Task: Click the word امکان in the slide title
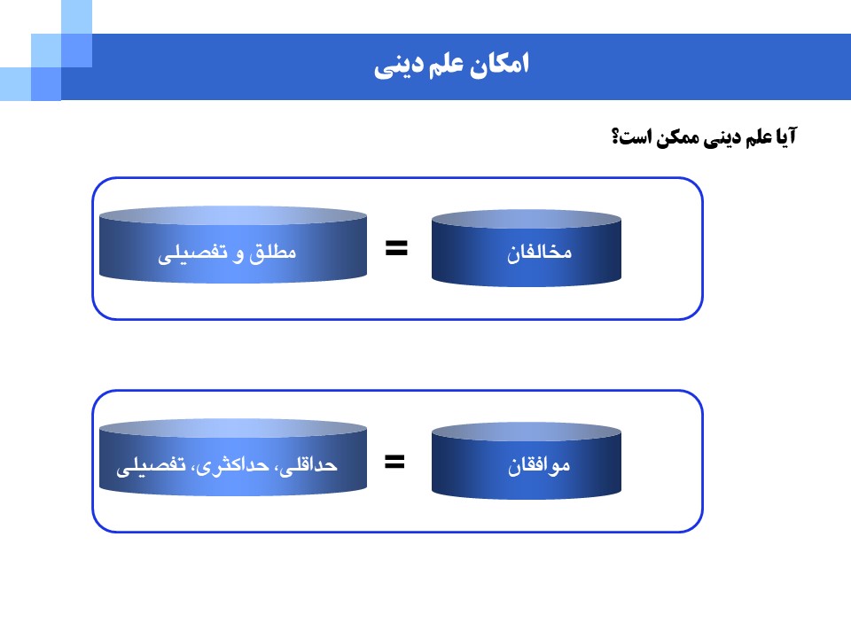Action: pos(499,64)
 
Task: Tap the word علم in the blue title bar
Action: pos(446,65)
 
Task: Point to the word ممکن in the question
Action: pos(677,138)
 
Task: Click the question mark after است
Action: pos(615,136)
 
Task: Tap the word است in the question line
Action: pos(636,136)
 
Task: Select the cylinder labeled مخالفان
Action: pos(527,248)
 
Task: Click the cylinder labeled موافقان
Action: pos(527,461)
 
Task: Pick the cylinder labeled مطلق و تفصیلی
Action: pos(233,245)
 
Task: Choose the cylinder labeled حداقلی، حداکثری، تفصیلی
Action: pos(233,457)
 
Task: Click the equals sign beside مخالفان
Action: pos(396,248)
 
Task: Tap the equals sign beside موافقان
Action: pos(394,462)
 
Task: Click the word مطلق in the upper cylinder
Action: pos(272,253)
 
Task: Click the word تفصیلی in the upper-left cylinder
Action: pos(192,254)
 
